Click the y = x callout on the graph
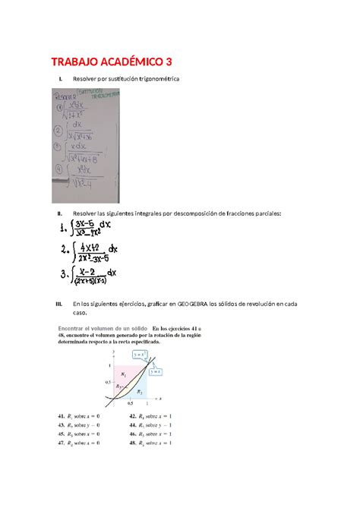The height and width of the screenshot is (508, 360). (x=154, y=371)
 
